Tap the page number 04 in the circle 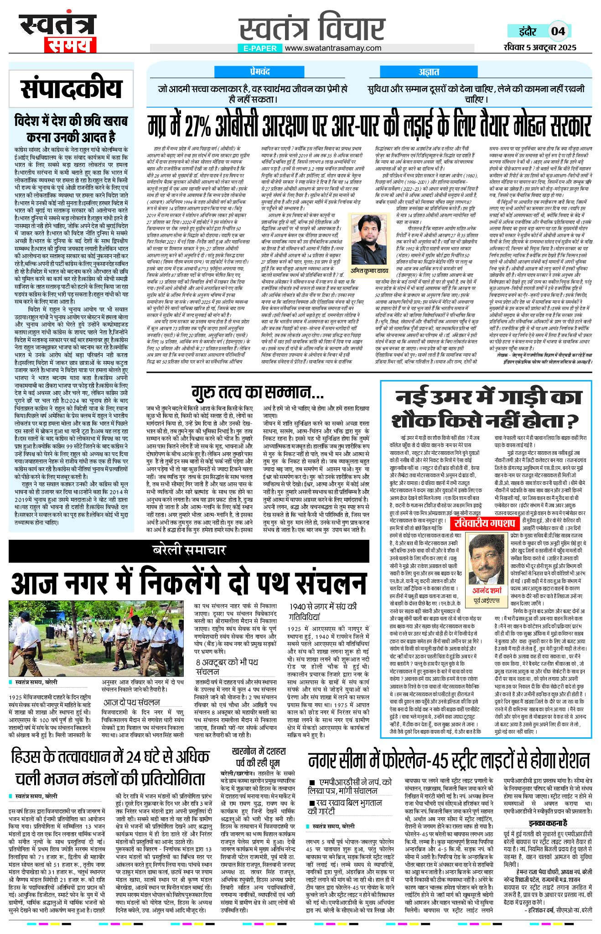558,31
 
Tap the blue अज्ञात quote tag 429,72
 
